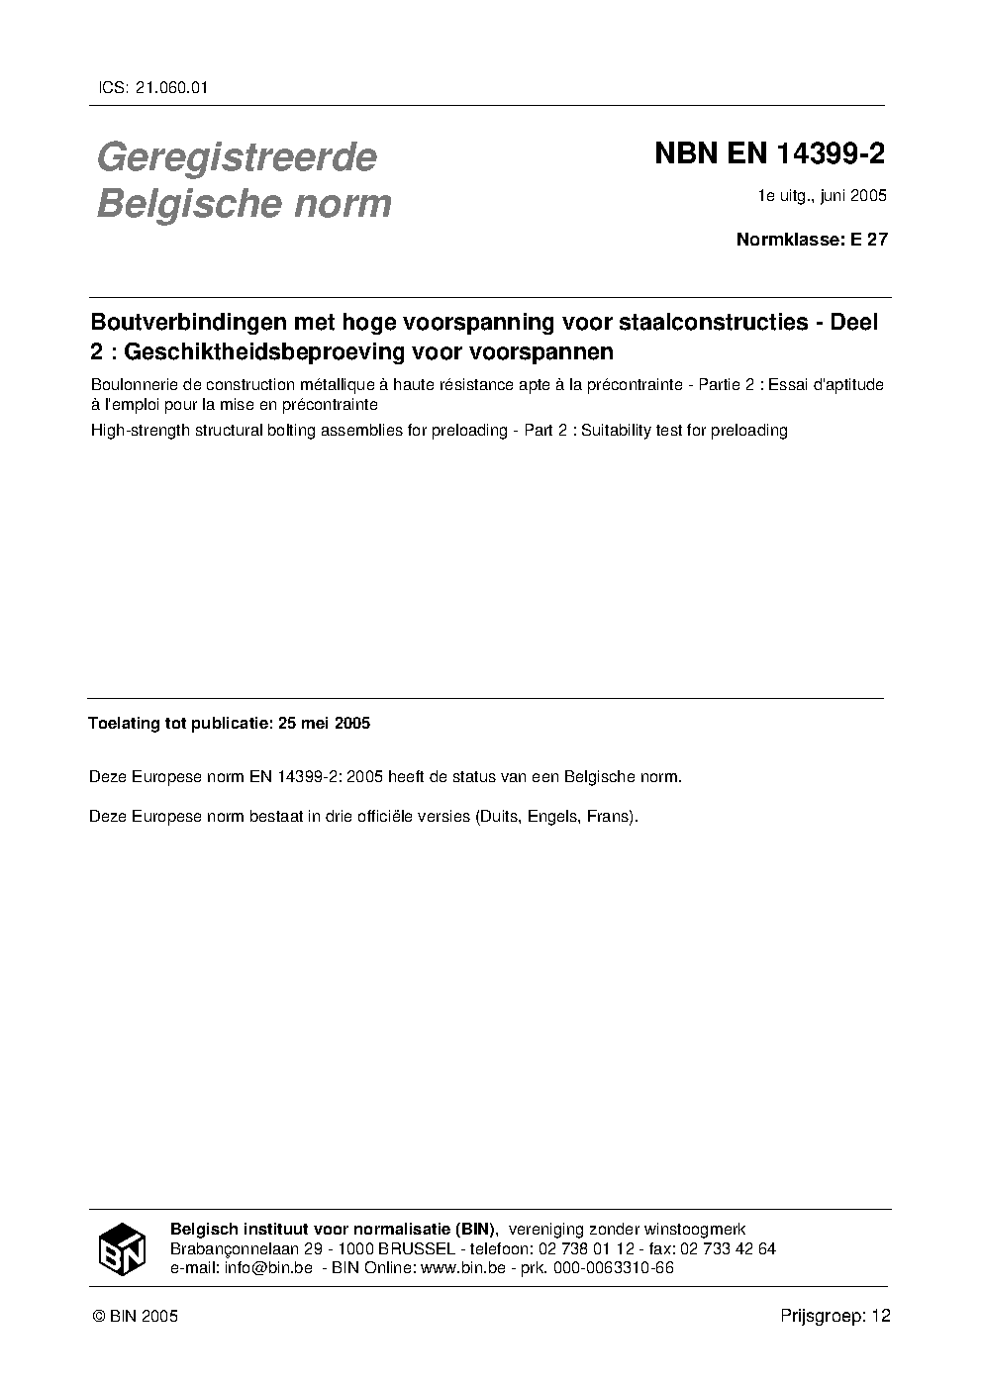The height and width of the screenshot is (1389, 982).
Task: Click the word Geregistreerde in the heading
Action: coord(237,156)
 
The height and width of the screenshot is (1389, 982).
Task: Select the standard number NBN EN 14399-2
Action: coord(769,154)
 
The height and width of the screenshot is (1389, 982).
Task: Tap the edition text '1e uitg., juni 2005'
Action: coord(822,195)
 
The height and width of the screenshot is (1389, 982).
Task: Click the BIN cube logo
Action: coord(123,1248)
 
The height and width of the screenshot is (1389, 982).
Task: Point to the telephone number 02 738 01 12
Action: coord(578,1248)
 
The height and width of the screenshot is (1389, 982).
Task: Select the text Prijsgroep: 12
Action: coord(835,1316)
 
